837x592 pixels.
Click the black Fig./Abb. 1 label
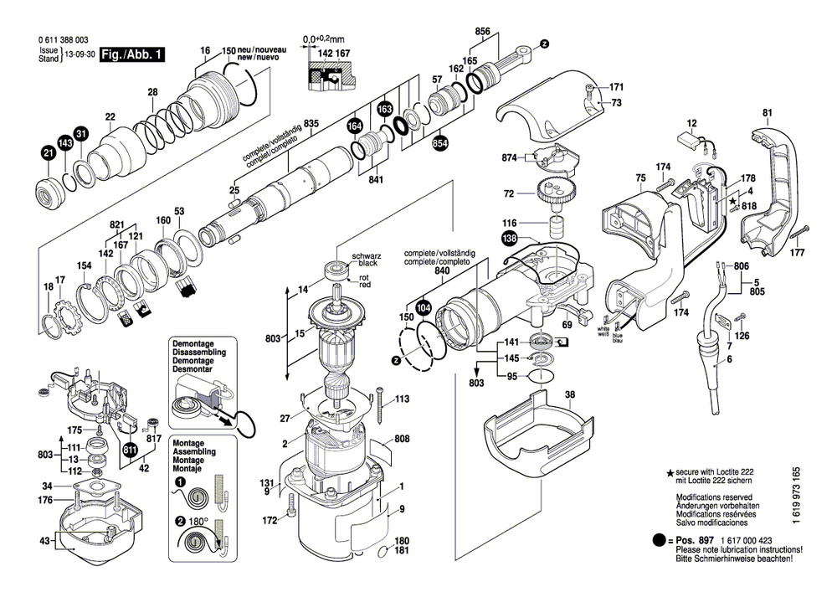click(x=131, y=55)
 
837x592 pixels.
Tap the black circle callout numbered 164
click(x=355, y=126)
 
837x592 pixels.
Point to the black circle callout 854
click(x=439, y=144)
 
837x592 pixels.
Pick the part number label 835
click(x=311, y=125)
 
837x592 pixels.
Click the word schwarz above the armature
click(x=366, y=254)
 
